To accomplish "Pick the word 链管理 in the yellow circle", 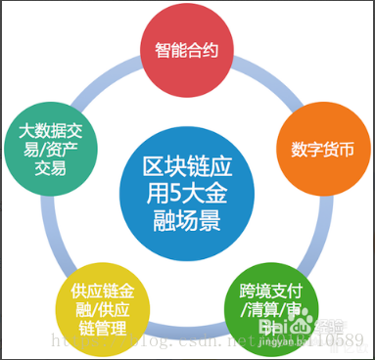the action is tap(98, 329).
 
